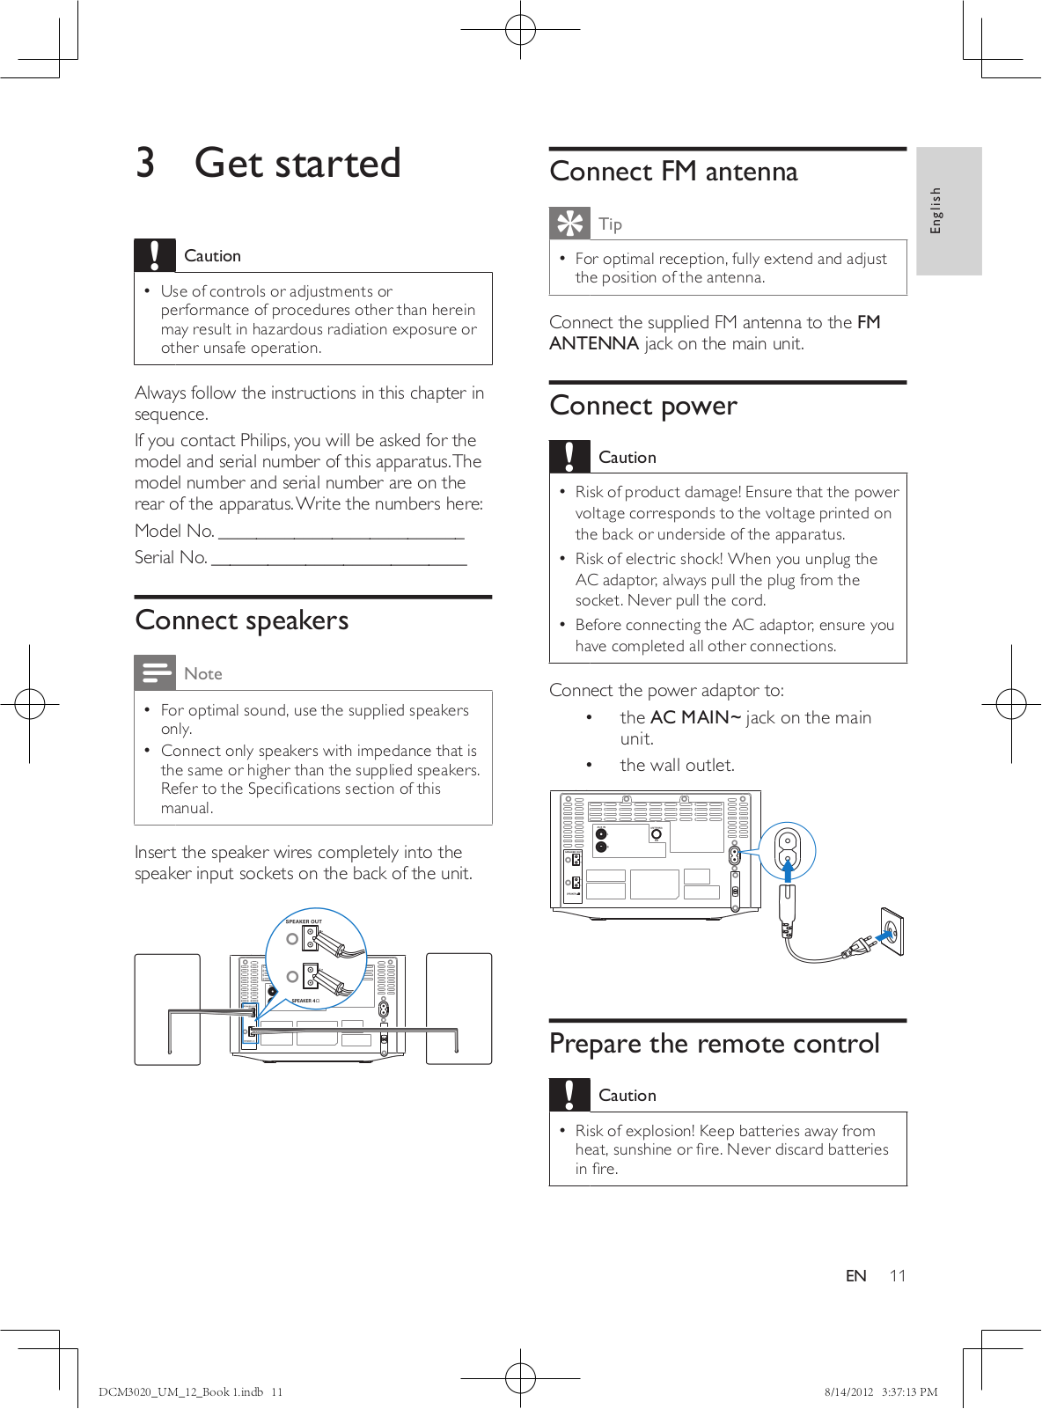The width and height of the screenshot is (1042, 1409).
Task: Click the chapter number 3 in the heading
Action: tap(145, 164)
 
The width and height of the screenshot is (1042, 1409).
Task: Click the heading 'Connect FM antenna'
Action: tap(673, 172)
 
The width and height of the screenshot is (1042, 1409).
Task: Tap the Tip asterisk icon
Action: tap(569, 224)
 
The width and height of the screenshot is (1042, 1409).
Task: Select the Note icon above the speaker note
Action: tap(155, 673)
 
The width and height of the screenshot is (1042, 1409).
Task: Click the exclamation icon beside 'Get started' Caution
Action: tap(155, 255)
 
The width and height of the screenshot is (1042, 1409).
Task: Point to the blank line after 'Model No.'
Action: tap(341, 533)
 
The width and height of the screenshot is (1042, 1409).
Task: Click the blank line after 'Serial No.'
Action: tap(339, 560)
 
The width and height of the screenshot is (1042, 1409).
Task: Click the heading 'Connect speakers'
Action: tap(242, 621)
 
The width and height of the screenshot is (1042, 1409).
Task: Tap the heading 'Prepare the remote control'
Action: tap(714, 1044)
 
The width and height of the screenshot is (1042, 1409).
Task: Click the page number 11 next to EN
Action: tap(897, 1276)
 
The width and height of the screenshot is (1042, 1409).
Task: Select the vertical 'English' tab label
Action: tap(936, 210)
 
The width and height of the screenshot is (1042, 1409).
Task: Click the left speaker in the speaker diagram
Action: tap(167, 1009)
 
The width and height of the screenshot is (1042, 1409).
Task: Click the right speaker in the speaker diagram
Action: tap(459, 1009)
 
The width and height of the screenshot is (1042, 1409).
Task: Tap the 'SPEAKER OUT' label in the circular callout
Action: tap(304, 921)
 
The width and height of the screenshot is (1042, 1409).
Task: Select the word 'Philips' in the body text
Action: tap(264, 441)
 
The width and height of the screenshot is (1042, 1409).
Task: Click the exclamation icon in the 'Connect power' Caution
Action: tap(569, 457)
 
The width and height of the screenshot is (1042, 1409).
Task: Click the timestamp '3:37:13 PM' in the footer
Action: tap(909, 1392)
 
